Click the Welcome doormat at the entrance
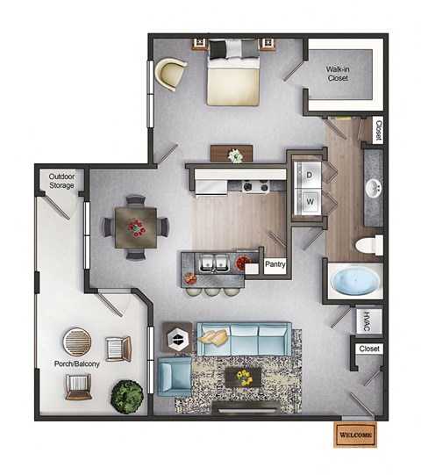click(x=355, y=435)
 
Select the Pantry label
click(x=275, y=263)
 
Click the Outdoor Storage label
click(x=61, y=180)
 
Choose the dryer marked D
click(x=309, y=174)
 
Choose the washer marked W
click(x=309, y=201)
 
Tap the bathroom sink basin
click(x=373, y=187)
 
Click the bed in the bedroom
click(x=233, y=74)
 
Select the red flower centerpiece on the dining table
click(x=136, y=227)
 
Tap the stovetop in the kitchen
click(x=254, y=186)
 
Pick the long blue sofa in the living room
click(x=243, y=339)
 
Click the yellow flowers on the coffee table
click(x=242, y=378)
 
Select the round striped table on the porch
click(x=76, y=341)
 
